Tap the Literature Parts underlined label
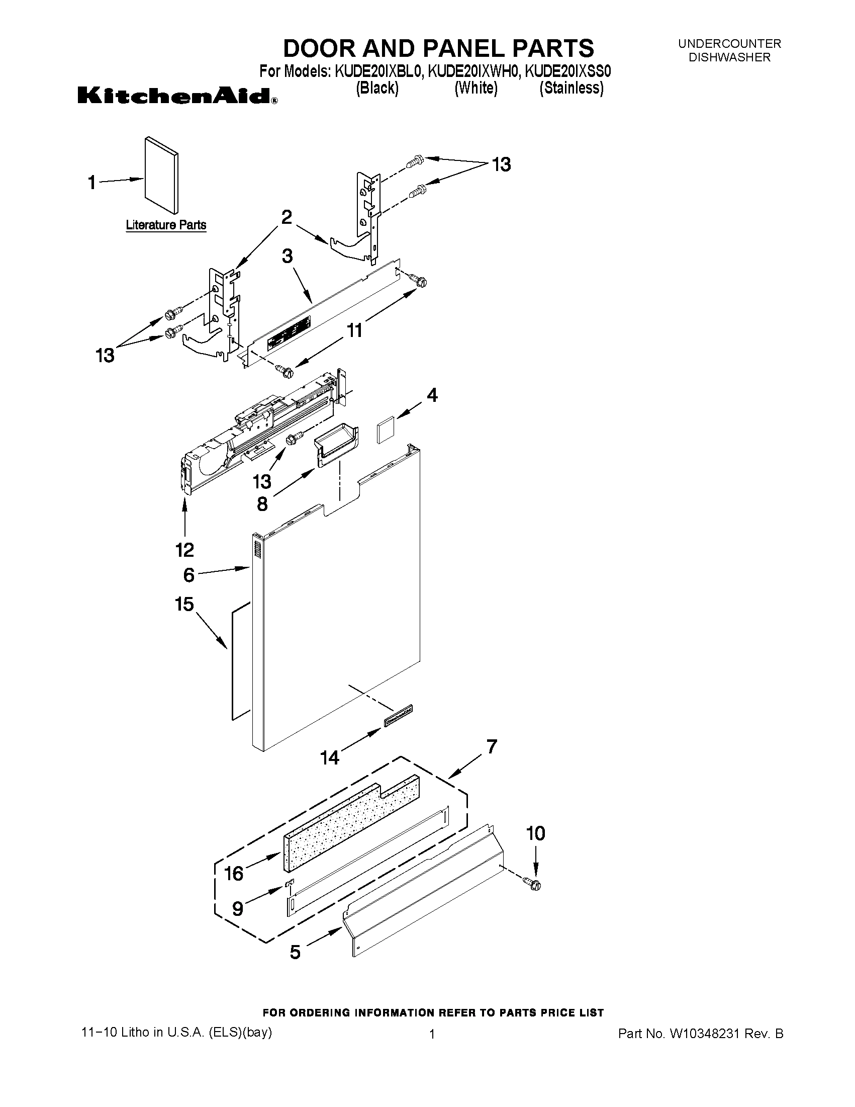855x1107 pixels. (x=166, y=225)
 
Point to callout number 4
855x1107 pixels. (x=432, y=395)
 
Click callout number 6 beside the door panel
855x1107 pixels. (x=188, y=575)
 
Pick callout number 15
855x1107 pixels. (x=184, y=604)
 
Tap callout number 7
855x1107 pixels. (x=491, y=747)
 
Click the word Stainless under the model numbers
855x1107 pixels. (x=572, y=89)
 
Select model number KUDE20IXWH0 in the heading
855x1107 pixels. (x=473, y=72)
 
